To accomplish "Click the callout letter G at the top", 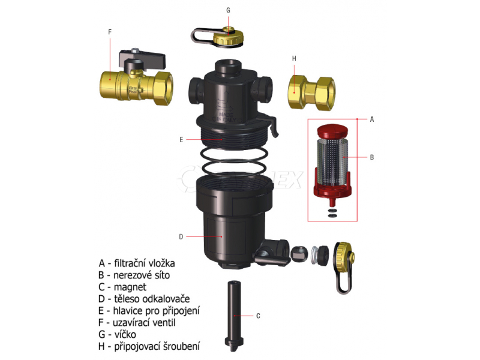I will pyautogui.click(x=228, y=10).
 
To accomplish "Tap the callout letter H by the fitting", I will pyautogui.click(x=294, y=58).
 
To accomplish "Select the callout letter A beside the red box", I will pyautogui.click(x=372, y=119).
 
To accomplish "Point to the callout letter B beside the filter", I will pyautogui.click(x=372, y=158).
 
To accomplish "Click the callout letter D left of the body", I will pyautogui.click(x=180, y=236).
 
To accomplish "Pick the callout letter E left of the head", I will pyautogui.click(x=180, y=139).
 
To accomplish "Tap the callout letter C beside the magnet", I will pyautogui.click(x=258, y=315).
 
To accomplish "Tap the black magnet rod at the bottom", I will pyautogui.click(x=235, y=315).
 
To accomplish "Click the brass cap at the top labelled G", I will pyautogui.click(x=227, y=36).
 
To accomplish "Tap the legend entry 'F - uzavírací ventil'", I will pyautogui.click(x=141, y=323).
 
